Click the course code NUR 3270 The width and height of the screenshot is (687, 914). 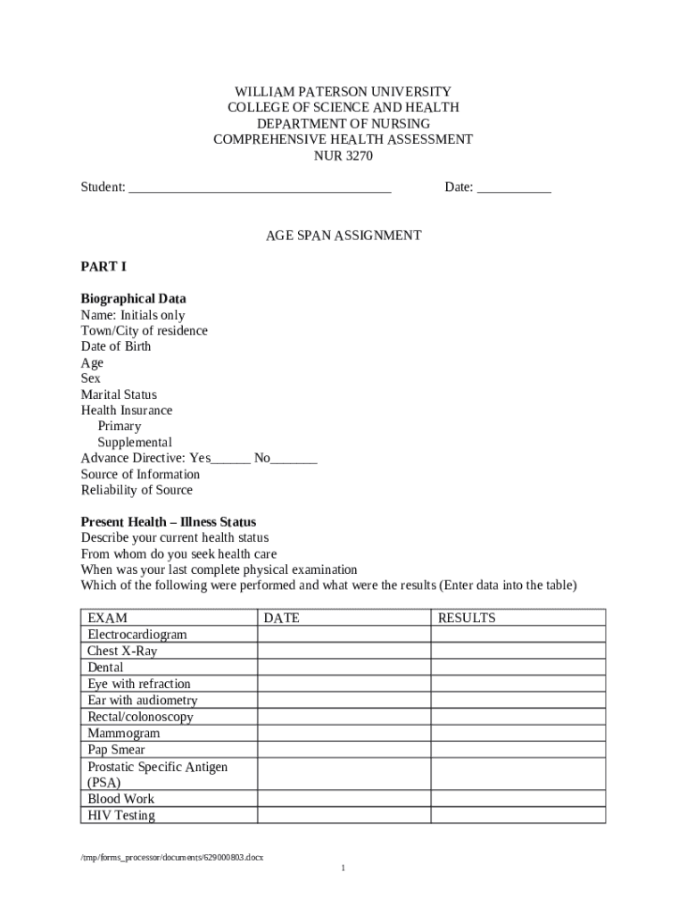pos(343,156)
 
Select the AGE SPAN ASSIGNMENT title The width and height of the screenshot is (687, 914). pos(343,236)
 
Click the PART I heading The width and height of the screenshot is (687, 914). pos(104,267)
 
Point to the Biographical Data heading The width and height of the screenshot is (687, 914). pos(133,299)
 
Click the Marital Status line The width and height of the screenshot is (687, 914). pos(119,395)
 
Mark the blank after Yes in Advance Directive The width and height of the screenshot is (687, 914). pos(231,460)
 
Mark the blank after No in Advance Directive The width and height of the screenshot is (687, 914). pos(294,460)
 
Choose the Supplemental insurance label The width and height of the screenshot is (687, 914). pos(135,443)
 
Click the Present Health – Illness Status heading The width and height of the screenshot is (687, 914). pos(169,522)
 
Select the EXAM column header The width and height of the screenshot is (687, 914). pos(108,618)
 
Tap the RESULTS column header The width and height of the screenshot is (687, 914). pos(466,618)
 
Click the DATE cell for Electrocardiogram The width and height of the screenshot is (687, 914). pos(344,635)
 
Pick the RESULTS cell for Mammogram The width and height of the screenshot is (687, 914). pos(518,734)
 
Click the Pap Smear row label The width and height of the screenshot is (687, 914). pos(116,750)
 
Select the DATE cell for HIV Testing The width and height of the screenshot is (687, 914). pos(344,816)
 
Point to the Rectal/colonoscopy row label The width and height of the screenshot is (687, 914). pos(140,717)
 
